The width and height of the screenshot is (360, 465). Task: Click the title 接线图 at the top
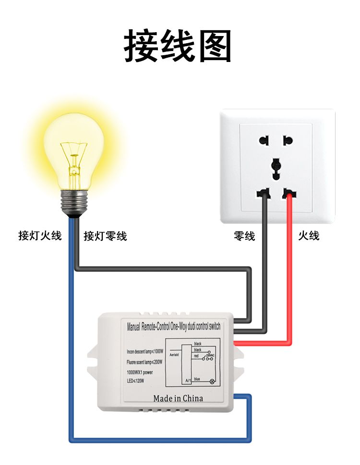(x=178, y=46)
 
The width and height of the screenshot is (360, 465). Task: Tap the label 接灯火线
(x=40, y=236)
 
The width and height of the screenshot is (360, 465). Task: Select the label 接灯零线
(x=105, y=236)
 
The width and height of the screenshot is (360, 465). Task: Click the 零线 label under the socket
(x=244, y=236)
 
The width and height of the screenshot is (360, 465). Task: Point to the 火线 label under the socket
(x=309, y=236)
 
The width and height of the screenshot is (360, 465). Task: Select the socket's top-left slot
(x=264, y=141)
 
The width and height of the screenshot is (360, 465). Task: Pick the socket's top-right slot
(x=288, y=141)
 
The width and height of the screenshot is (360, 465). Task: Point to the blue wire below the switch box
(x=158, y=439)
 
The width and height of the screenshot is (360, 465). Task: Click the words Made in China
(x=178, y=398)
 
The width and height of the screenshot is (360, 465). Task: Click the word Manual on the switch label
(x=133, y=328)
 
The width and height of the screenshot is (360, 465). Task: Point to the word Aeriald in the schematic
(x=174, y=354)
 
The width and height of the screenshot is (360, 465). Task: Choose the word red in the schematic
(x=196, y=356)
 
